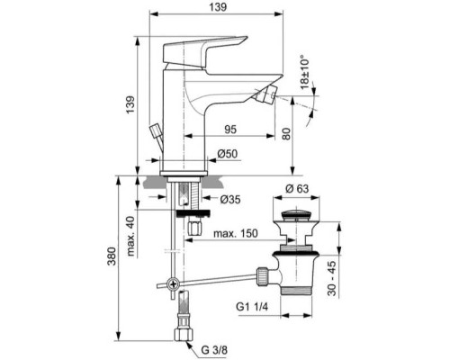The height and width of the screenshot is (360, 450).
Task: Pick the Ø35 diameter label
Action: tap(230, 201)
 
